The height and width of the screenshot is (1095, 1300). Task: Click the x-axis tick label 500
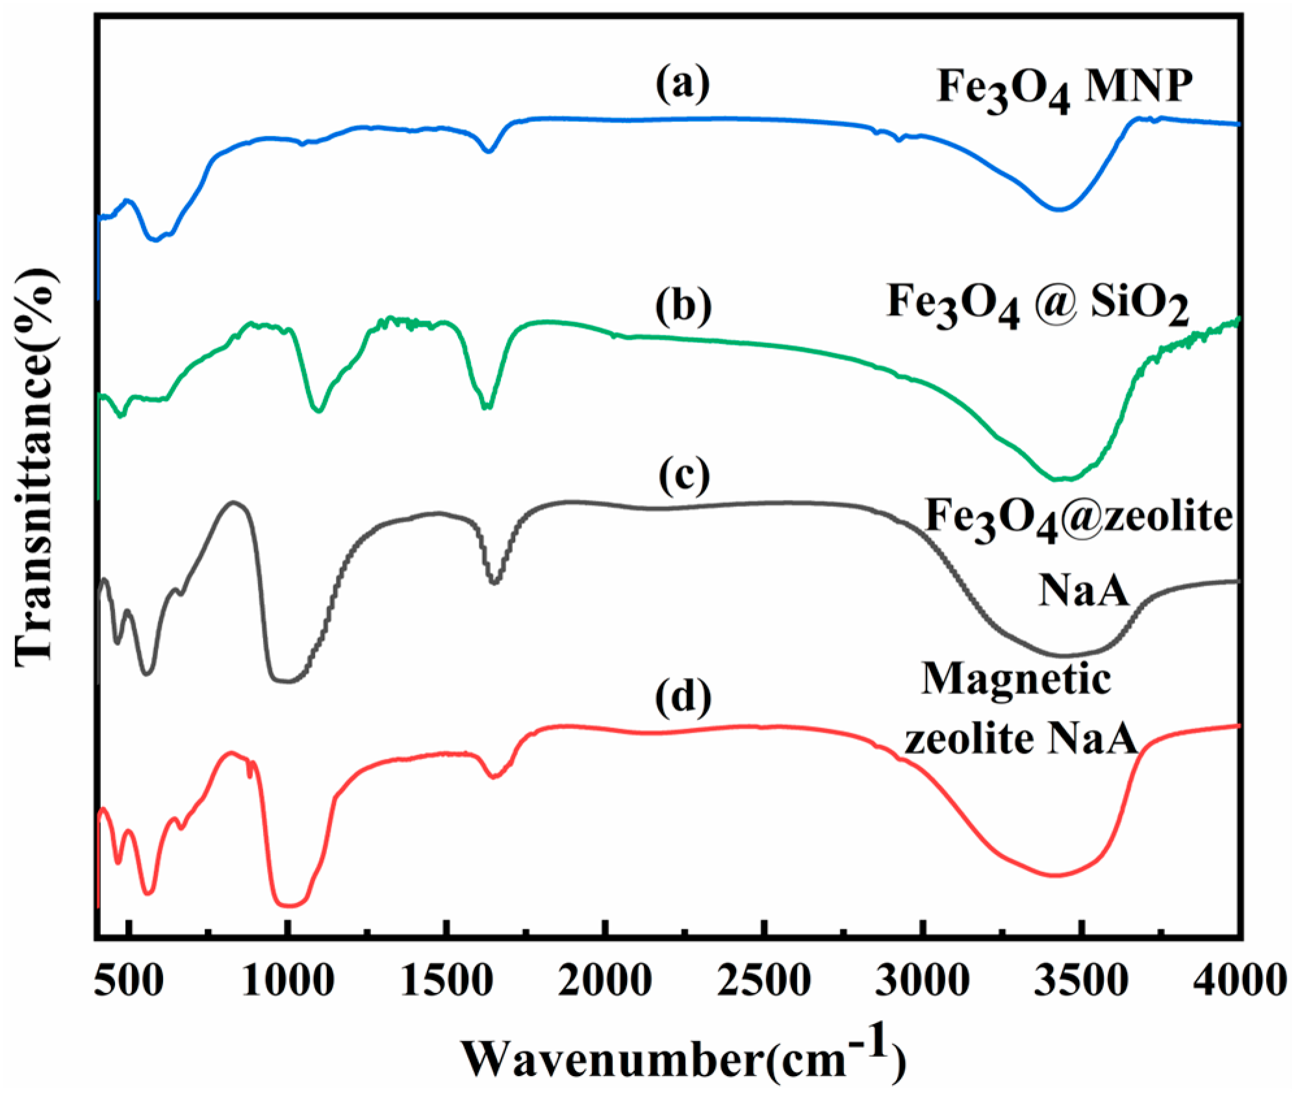pos(128,981)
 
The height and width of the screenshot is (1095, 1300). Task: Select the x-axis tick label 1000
pos(288,981)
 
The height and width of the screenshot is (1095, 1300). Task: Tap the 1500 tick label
pos(446,981)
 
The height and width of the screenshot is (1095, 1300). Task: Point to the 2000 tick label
pos(605,981)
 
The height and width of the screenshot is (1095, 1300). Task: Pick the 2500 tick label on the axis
pos(764,981)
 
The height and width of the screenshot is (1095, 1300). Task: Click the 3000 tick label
pos(923,981)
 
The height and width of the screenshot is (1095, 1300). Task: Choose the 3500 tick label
pos(1081,981)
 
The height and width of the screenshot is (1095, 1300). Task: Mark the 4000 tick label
pos(1240,981)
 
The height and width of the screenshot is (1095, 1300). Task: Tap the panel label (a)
pos(682,85)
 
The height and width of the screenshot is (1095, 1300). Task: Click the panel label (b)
pos(683,305)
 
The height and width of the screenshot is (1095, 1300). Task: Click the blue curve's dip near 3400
pos(1059,209)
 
